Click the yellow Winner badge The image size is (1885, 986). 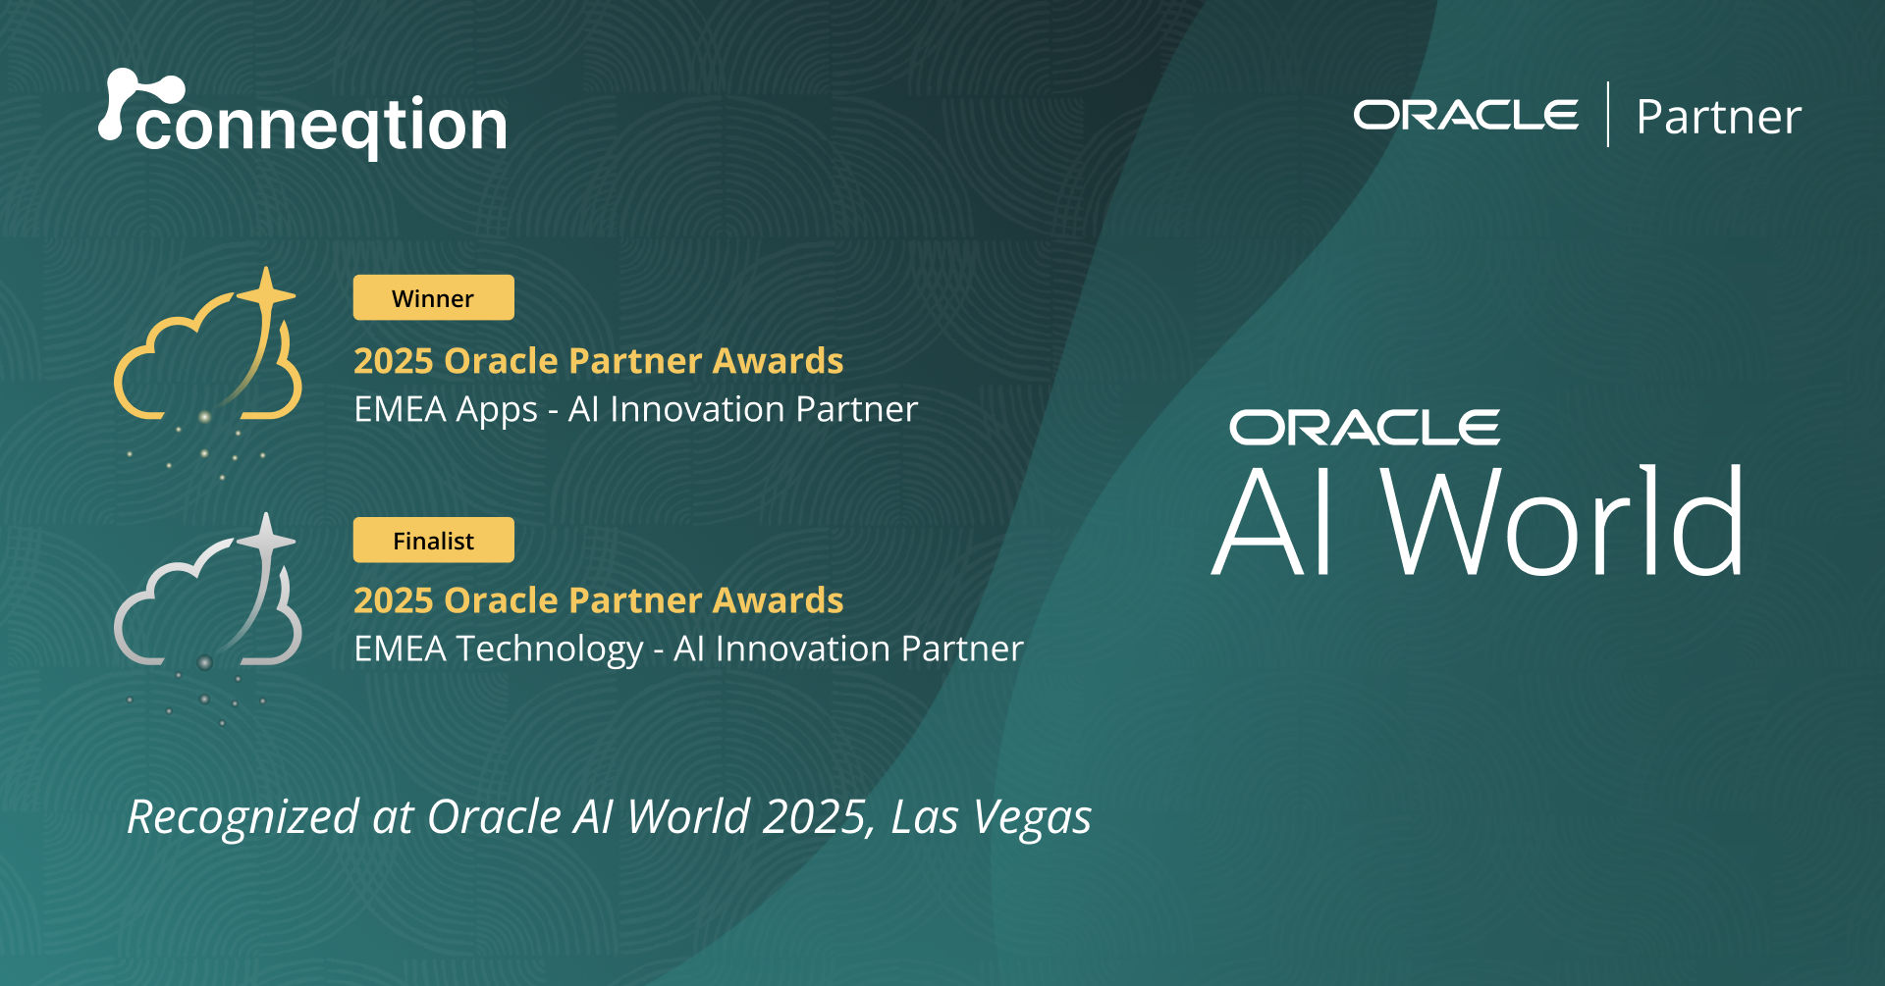(433, 297)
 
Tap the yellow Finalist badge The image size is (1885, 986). (433, 540)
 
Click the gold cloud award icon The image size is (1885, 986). (208, 363)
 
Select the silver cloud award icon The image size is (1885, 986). (208, 608)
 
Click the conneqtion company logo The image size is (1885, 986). (304, 118)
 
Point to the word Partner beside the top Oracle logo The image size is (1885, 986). (1718, 117)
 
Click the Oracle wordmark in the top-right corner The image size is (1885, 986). (1466, 115)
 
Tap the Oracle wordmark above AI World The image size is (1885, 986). (1365, 428)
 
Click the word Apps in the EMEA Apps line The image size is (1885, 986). (497, 410)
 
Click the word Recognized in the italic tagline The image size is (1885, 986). (243, 817)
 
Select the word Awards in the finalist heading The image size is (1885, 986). (778, 600)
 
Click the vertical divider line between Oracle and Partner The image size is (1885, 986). (1608, 115)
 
